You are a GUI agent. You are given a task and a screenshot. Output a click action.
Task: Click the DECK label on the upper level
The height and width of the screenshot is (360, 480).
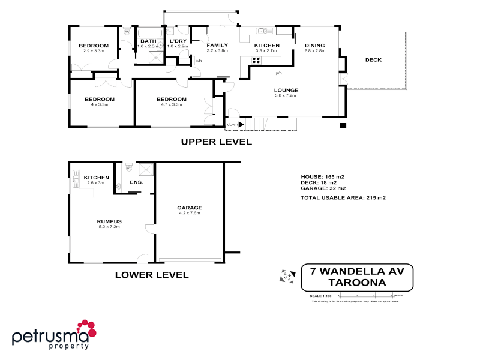pos(373,60)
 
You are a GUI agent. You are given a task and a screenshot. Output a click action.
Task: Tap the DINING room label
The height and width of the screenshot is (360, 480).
pos(314,46)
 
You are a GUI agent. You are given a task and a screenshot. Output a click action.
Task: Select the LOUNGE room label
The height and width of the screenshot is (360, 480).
pos(286,90)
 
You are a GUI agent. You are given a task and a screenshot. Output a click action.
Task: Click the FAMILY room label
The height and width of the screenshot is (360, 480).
pos(217,46)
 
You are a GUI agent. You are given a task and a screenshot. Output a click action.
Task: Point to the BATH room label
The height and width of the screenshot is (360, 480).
pos(148,41)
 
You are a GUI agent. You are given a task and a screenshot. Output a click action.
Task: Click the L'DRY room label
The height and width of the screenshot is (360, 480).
pos(178,41)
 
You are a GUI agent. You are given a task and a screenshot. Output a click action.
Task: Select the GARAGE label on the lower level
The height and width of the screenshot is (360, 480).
pos(188,208)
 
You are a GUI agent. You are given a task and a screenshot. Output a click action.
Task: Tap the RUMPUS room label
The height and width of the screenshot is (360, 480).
pos(109,221)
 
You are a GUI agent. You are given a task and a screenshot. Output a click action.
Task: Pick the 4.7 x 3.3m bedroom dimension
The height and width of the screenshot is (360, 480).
pos(172,104)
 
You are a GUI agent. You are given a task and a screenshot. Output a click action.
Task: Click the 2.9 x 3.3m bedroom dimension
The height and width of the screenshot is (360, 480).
pos(94,51)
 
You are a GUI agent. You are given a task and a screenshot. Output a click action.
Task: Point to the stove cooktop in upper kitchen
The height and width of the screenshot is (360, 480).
pos(255,59)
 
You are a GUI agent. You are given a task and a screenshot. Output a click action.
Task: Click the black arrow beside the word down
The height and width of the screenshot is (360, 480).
pos(241,125)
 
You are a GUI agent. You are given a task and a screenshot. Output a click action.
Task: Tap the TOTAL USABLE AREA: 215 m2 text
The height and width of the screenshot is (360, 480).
pos(343,197)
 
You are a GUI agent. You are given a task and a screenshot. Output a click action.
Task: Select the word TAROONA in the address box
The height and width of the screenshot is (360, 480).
pos(358,282)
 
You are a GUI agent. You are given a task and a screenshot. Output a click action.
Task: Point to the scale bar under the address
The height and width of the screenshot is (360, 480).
pos(365,295)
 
